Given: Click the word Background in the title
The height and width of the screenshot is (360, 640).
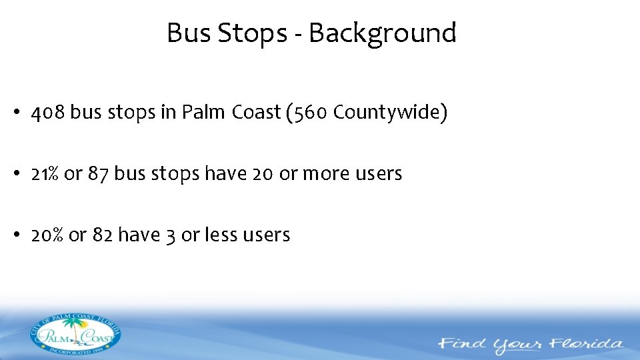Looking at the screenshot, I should click(x=382, y=33).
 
